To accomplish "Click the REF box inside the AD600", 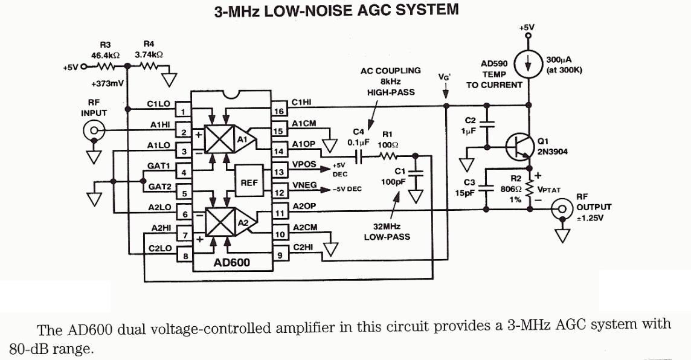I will click(x=247, y=179).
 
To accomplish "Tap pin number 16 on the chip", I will click(x=278, y=111).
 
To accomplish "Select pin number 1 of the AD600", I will click(x=183, y=111).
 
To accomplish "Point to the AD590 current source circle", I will click(x=528, y=65).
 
